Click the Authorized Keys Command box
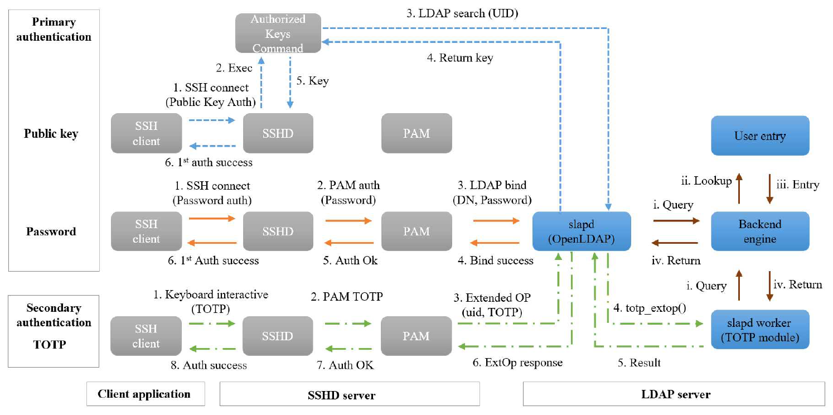[278, 33]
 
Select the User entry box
[760, 136]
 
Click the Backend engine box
[760, 231]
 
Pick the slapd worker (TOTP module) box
[760, 329]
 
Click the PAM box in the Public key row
[417, 133]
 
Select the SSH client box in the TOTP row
[146, 336]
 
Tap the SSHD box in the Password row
[278, 231]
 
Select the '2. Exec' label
[234, 68]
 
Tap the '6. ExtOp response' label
[517, 363]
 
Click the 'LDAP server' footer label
[674, 394]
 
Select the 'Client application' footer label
[144, 394]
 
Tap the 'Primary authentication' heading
[54, 30]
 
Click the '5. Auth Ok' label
[350, 260]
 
